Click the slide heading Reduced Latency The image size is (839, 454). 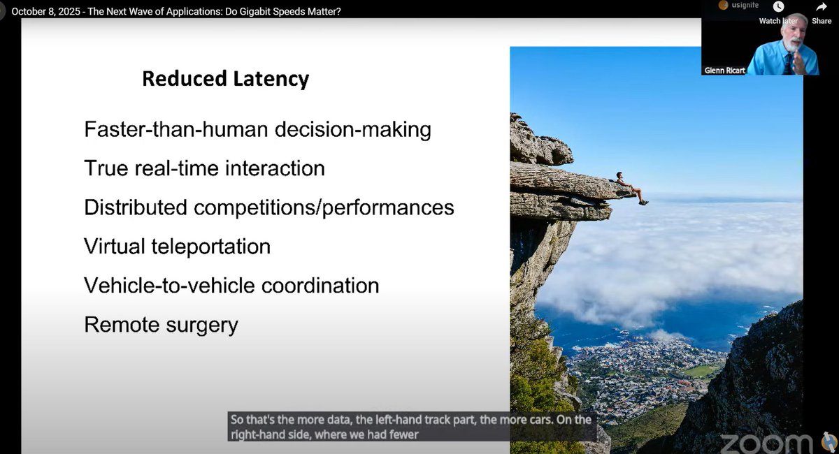click(225, 79)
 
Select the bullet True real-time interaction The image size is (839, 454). click(204, 168)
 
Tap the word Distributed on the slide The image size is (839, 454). click(127, 207)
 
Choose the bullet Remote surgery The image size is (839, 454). click(161, 325)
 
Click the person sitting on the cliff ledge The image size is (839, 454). click(627, 186)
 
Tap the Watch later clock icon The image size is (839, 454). click(779, 8)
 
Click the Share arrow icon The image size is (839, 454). click(822, 8)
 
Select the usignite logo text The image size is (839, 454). click(743, 6)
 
